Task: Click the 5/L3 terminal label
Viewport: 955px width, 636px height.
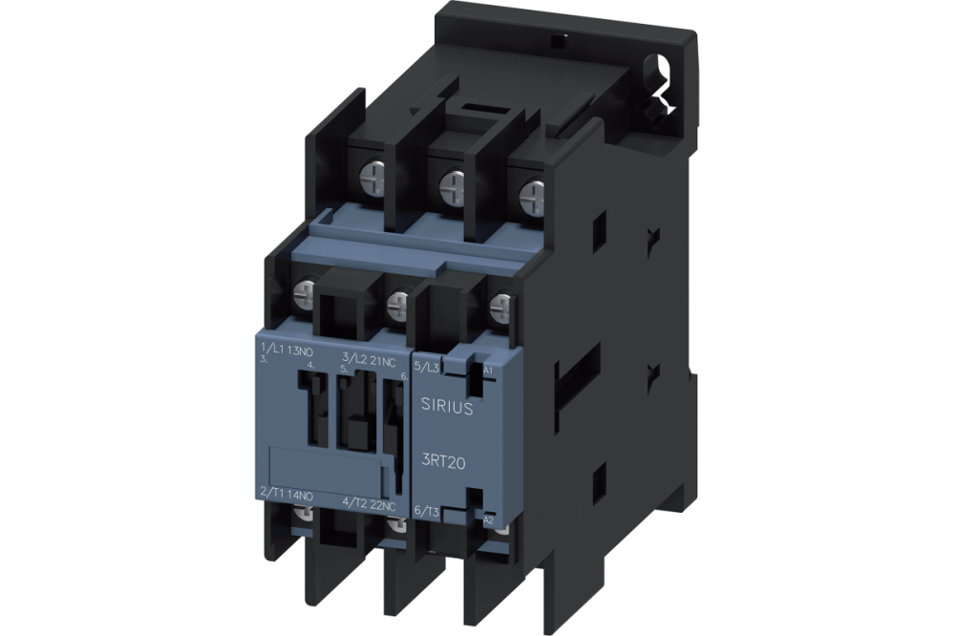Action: (427, 367)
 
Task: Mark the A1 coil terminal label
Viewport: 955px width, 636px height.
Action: (488, 370)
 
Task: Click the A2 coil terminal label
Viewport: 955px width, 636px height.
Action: (488, 520)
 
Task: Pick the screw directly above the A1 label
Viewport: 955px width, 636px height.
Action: (499, 307)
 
